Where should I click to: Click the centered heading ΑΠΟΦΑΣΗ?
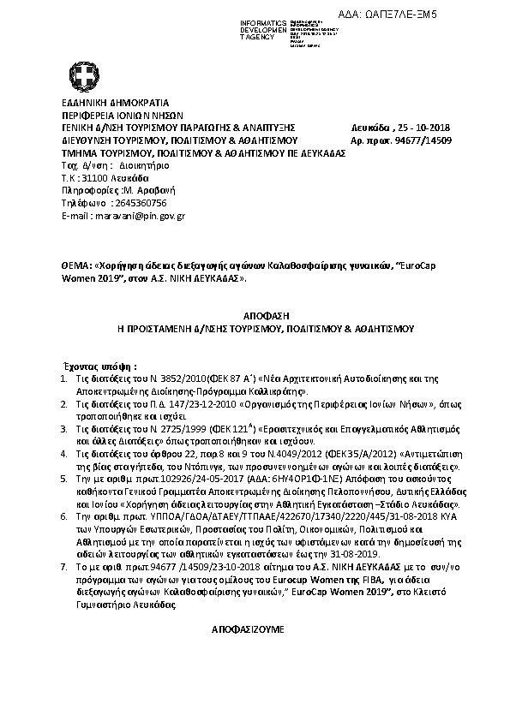pyautogui.click(x=254, y=314)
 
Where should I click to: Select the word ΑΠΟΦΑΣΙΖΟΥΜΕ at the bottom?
pyautogui.click(x=254, y=629)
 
